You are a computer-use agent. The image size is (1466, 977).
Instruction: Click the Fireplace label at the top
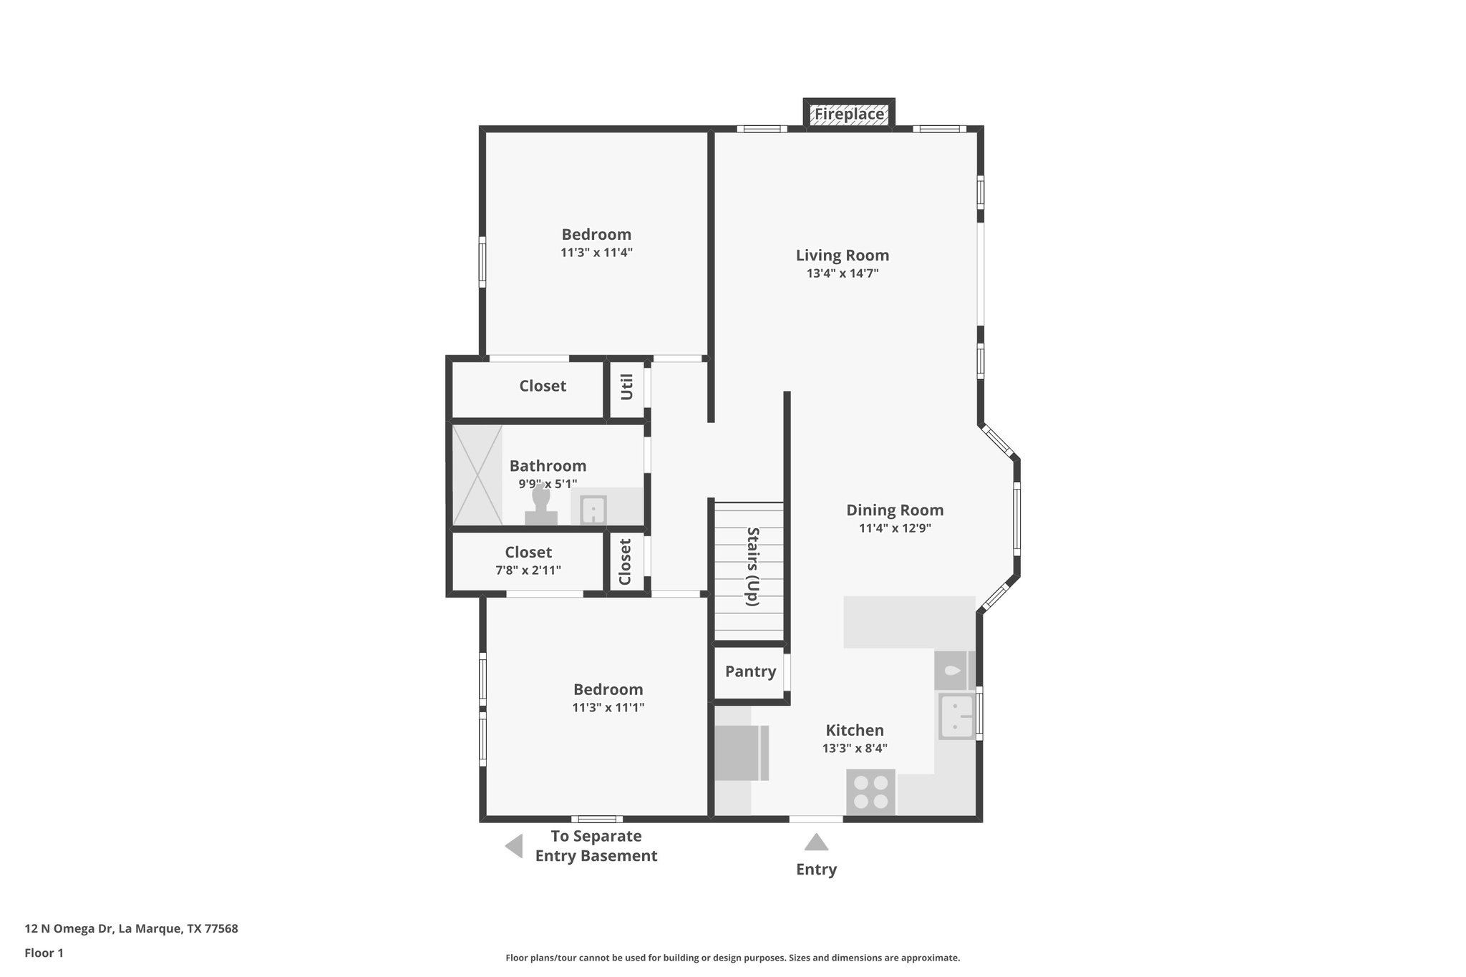(849, 114)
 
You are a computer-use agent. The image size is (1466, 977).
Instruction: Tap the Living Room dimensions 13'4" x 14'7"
(842, 273)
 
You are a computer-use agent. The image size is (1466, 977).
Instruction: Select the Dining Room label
(895, 510)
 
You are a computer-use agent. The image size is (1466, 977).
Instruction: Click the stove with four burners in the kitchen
(870, 792)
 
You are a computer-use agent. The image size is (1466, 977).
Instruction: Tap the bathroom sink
(593, 510)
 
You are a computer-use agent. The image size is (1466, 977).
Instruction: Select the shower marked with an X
(477, 475)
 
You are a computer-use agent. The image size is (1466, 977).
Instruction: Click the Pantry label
(750, 671)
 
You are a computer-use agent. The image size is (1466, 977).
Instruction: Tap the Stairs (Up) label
(752, 566)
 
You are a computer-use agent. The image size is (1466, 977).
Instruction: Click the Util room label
(627, 387)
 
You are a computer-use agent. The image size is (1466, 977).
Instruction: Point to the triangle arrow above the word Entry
(816, 842)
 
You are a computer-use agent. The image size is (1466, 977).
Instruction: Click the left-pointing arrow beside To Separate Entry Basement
(514, 846)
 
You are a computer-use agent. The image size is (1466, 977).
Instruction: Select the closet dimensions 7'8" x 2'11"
(528, 570)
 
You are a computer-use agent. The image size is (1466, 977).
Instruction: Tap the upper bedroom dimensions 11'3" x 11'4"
(596, 253)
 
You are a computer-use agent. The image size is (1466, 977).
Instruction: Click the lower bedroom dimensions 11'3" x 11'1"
(608, 708)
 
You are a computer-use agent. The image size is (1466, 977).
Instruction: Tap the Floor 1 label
(44, 953)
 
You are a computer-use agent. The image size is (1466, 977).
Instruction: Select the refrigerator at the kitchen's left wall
(740, 752)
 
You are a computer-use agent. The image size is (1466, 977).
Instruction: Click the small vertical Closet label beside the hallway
(625, 562)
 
